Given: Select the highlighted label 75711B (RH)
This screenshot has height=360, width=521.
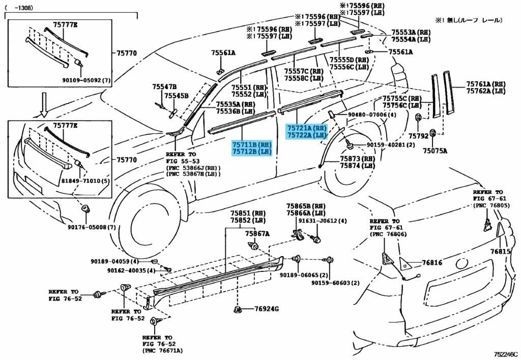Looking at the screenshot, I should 252,145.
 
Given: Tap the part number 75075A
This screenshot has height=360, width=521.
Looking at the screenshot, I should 436,151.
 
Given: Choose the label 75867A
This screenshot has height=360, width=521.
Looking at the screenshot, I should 257,234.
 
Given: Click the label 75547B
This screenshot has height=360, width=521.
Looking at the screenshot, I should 164,87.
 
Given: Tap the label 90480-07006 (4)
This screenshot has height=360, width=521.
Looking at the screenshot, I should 372,115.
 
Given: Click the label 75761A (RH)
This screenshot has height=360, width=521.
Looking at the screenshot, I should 485,84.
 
